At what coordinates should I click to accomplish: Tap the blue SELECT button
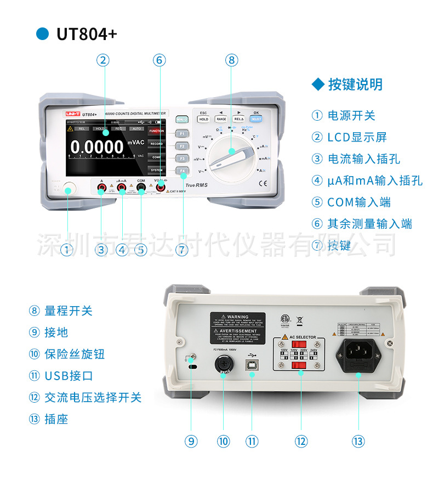pos(256,118)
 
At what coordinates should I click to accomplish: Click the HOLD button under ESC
pos(203,118)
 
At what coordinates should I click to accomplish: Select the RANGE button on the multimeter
pos(221,118)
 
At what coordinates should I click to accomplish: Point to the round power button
pos(69,190)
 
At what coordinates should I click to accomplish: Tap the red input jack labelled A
pos(102,189)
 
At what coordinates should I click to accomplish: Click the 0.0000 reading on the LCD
pos(97,147)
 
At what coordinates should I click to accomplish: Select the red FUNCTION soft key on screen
pos(157,132)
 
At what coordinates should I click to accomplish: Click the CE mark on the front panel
pos(263,184)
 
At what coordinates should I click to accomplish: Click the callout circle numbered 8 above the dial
pos(231,60)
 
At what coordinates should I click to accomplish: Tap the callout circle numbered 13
pos(358,441)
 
